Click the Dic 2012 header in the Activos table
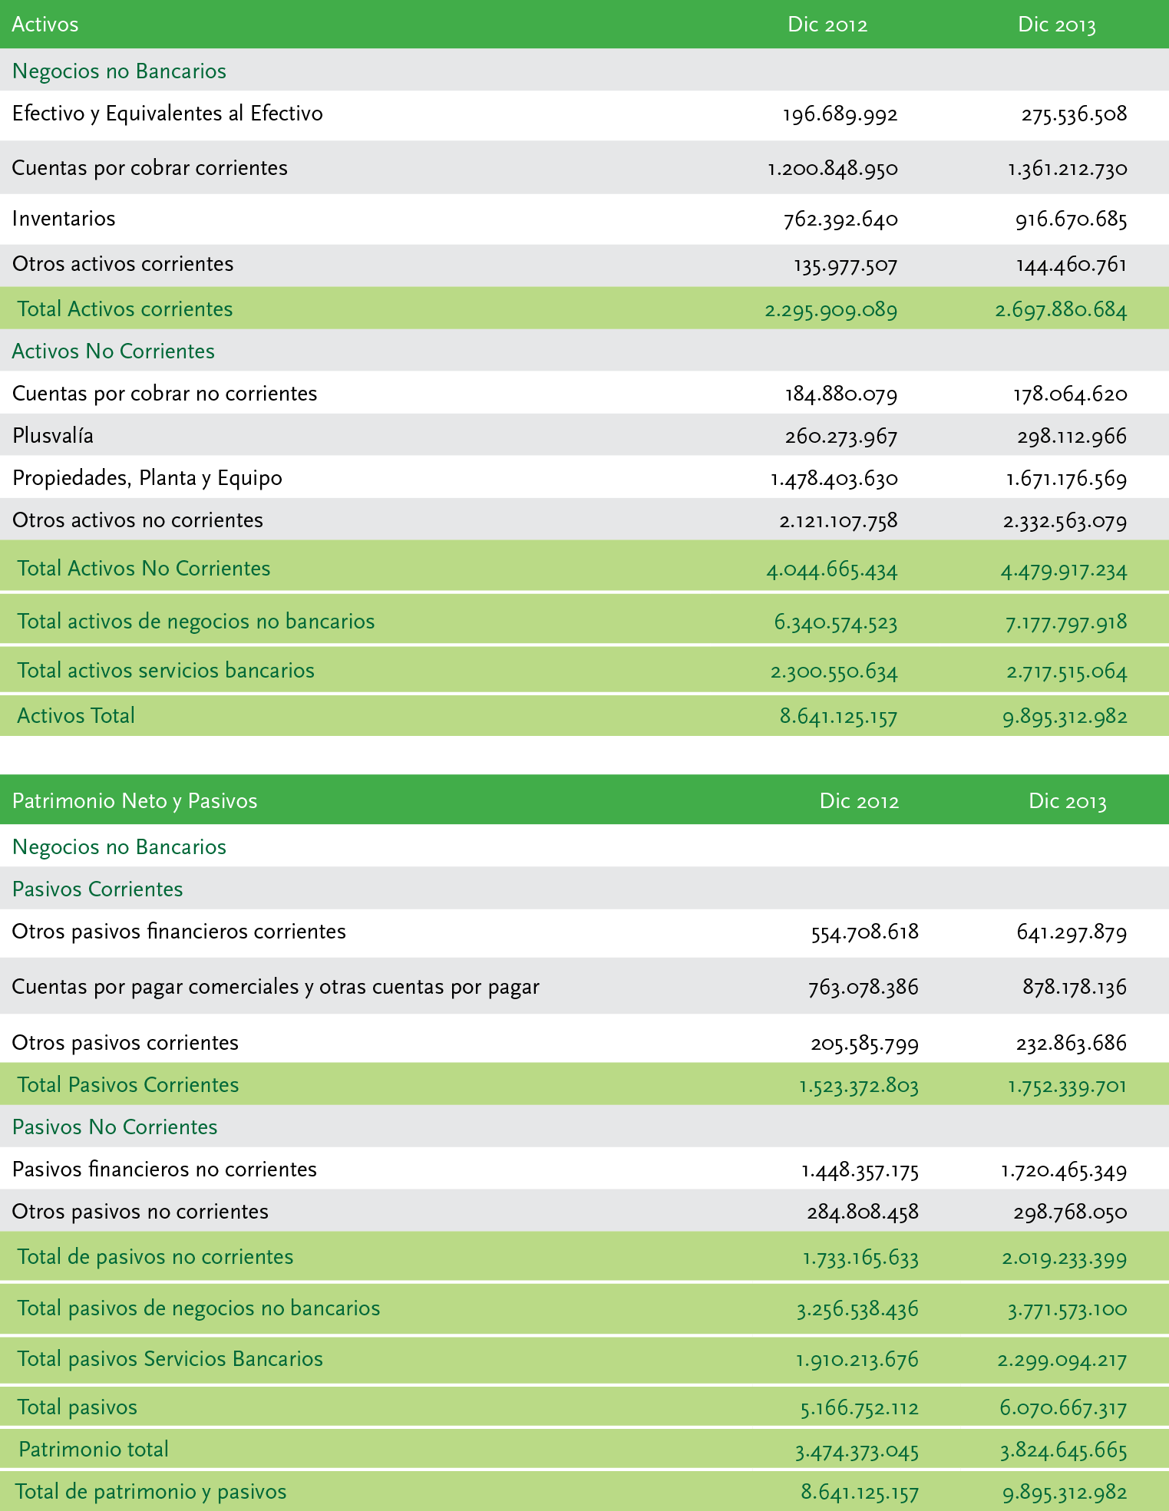(x=827, y=25)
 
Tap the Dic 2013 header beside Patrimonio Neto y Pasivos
(x=1068, y=801)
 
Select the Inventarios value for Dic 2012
(x=840, y=220)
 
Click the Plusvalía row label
(x=53, y=436)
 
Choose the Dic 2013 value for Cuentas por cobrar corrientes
(x=1068, y=169)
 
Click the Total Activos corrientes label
(x=125, y=309)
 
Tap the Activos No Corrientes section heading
(x=114, y=351)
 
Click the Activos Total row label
(x=76, y=716)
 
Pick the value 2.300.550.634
(x=834, y=672)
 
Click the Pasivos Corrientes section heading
(x=97, y=889)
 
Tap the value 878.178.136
(x=1074, y=987)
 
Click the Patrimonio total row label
(x=94, y=1450)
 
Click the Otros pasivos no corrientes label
(x=140, y=1212)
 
